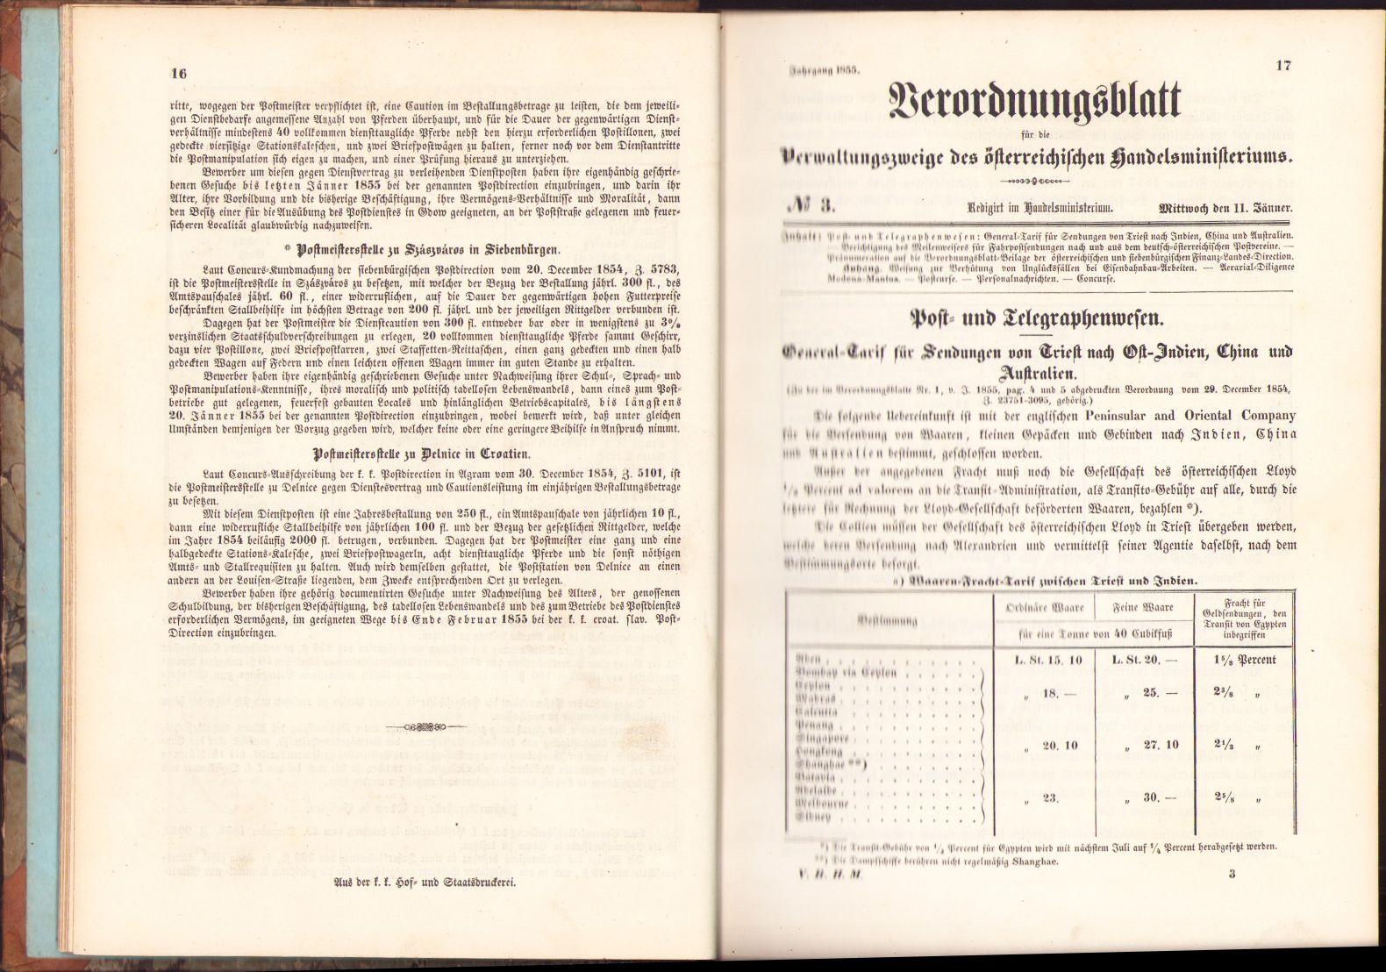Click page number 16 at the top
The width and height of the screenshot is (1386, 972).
pyautogui.click(x=179, y=74)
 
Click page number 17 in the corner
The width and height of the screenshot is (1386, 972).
pyautogui.click(x=1282, y=66)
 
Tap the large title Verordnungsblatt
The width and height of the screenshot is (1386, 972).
pyautogui.click(x=1034, y=102)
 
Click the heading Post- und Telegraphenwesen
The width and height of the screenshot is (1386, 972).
pyautogui.click(x=1037, y=318)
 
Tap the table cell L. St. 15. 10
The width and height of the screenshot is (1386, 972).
pyautogui.click(x=1047, y=660)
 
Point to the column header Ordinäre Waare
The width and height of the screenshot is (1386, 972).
pyautogui.click(x=1049, y=607)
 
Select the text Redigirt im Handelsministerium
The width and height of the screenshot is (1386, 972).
pyautogui.click(x=1039, y=209)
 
